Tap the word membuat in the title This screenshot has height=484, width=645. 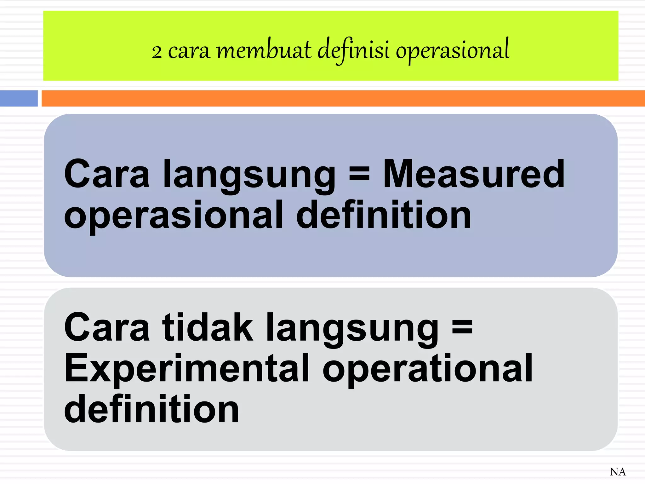coord(264,50)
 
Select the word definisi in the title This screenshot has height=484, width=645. coord(353,50)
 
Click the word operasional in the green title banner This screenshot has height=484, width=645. coord(453,50)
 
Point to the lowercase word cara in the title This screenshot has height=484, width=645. coord(189,51)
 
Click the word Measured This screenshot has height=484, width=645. coord(473,174)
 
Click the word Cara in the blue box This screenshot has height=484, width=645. coord(107,174)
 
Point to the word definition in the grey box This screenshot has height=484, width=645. coord(151,409)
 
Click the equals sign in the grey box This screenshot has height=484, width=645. coord(462,327)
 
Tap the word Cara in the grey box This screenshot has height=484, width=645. coord(107,327)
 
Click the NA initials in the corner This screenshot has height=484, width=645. coord(618,472)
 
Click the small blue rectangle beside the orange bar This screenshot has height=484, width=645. coord(19,98)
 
